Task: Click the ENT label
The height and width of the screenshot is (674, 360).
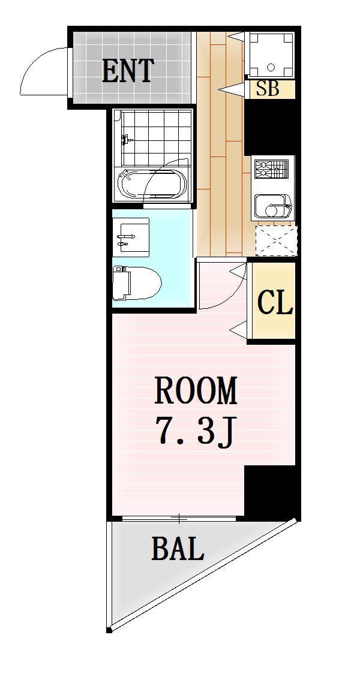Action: [128, 71]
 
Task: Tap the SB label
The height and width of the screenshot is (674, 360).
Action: [268, 89]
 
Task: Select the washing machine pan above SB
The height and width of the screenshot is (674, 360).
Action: [269, 55]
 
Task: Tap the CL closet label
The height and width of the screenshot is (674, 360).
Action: [274, 303]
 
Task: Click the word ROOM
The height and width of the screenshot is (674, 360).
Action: [196, 391]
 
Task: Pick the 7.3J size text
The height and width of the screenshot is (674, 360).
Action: [194, 431]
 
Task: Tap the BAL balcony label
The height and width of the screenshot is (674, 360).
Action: [177, 548]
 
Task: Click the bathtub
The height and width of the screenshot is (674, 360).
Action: [154, 182]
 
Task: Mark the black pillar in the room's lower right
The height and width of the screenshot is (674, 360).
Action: [271, 492]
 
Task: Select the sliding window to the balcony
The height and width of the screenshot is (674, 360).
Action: [178, 517]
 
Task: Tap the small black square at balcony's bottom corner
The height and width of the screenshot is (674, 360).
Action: [109, 629]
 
